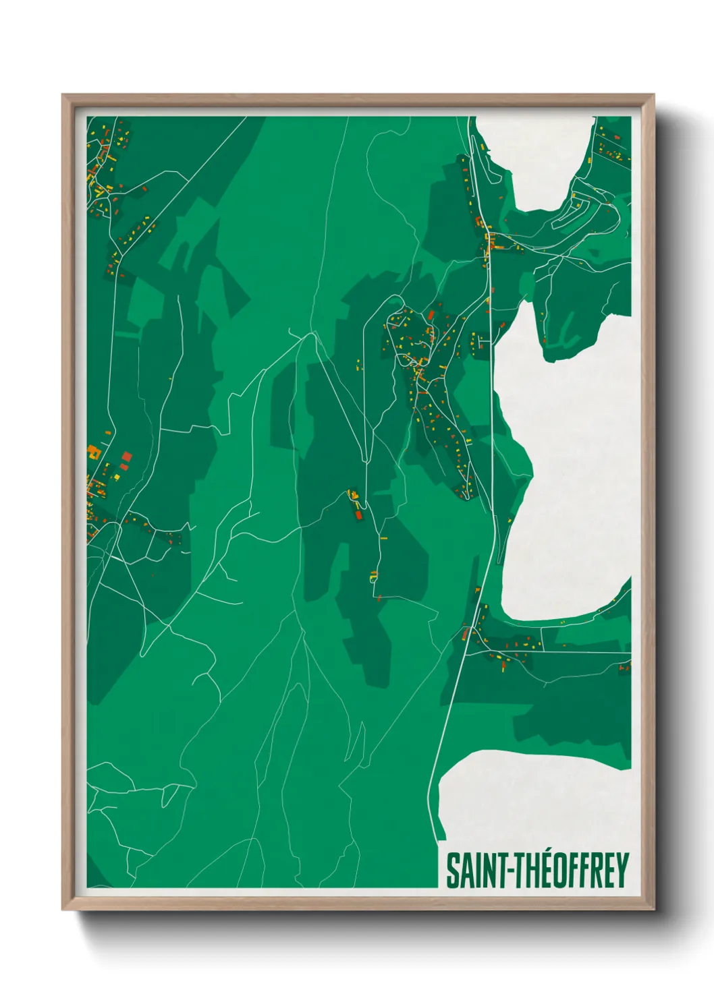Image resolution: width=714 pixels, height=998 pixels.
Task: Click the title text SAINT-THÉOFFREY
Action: point(537,871)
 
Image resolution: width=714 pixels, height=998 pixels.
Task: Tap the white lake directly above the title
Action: point(533,796)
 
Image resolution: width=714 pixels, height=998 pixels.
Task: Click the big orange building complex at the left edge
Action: point(93,452)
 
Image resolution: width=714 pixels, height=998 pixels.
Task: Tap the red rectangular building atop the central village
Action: point(431,314)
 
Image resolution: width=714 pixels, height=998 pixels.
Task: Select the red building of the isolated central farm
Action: point(358,516)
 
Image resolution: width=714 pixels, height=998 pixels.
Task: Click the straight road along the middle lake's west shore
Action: point(495,438)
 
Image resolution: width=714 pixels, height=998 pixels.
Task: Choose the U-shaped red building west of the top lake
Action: point(480,222)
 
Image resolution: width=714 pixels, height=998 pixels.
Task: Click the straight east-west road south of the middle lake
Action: point(574,652)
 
